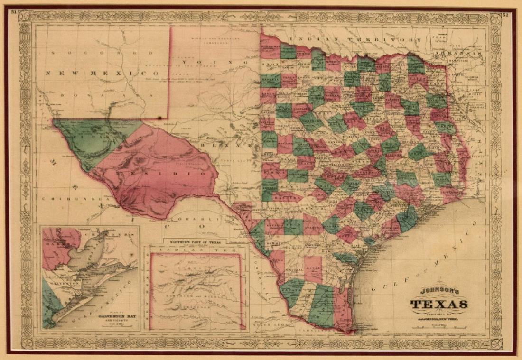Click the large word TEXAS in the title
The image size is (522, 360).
[x=441, y=305]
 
